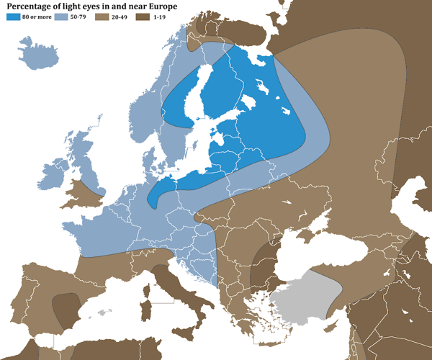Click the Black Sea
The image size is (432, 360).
(x=317, y=256)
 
